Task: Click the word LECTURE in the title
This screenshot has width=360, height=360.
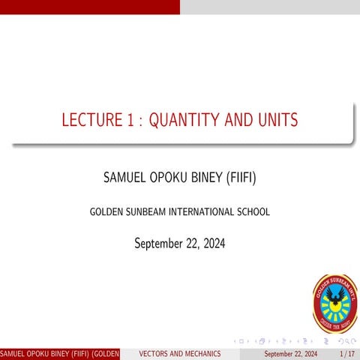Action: pos(88,120)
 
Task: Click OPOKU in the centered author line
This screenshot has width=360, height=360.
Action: pos(169,178)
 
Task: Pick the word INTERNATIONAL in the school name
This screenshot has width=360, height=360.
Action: pos(202,212)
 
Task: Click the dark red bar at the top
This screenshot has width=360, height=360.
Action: pos(90,7)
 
